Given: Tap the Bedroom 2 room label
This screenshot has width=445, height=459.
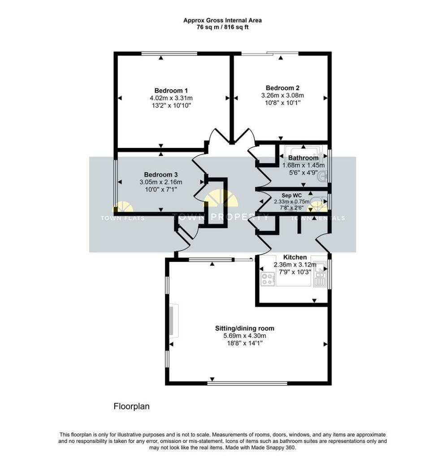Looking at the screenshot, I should (x=282, y=88).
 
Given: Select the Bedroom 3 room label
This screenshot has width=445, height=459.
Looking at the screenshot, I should (x=160, y=174).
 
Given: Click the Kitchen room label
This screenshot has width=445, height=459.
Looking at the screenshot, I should (x=295, y=257).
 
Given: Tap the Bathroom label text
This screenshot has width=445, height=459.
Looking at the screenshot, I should (x=303, y=158).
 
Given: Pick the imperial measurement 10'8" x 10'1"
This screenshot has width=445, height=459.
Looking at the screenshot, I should (x=282, y=103).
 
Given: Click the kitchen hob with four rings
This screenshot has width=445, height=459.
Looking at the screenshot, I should (x=268, y=279).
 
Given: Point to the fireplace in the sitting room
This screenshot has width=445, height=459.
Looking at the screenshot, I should (x=174, y=321).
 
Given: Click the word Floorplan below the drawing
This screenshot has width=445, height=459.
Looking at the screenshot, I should (x=131, y=407).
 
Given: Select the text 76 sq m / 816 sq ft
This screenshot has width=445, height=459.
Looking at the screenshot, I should (x=222, y=27).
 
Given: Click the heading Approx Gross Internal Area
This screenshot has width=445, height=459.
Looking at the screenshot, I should (x=222, y=20).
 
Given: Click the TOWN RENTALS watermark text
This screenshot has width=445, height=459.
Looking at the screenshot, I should (x=318, y=218).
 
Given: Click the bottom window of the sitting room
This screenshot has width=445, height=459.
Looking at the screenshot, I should (x=247, y=383).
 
